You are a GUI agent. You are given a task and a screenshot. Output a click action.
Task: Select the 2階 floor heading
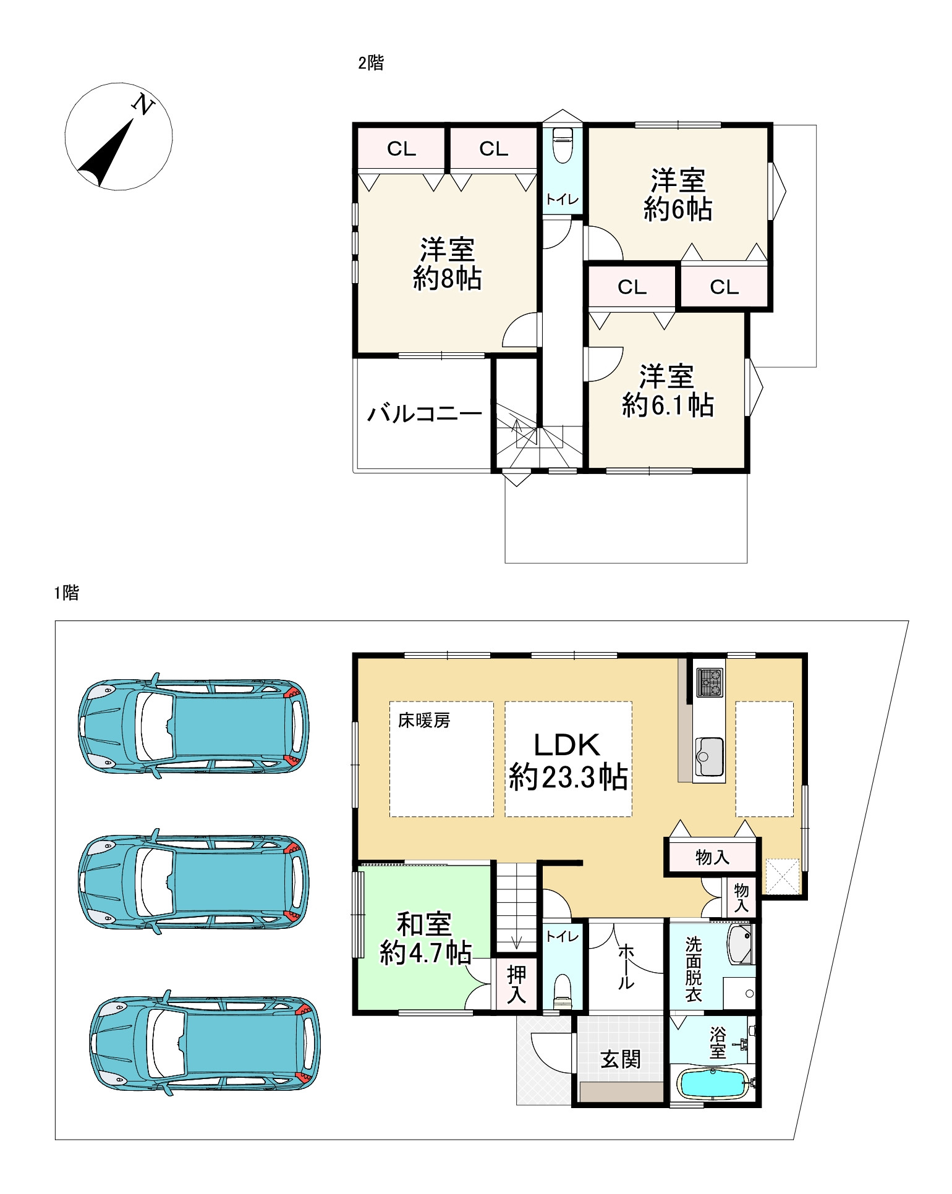pos(371,62)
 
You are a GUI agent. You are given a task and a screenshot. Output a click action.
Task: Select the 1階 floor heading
pos(67,593)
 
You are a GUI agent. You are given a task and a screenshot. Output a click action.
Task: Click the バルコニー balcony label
pos(425,413)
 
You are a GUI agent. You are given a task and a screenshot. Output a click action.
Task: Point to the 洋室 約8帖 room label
pos(447,264)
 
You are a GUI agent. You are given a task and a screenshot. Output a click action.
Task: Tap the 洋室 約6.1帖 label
pos(668,391)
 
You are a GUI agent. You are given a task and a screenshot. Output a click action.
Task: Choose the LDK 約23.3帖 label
pos(568,761)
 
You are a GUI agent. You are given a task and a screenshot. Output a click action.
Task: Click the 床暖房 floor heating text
pos(424,720)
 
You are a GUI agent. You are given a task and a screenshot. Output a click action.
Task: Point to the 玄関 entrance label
pos(621,1059)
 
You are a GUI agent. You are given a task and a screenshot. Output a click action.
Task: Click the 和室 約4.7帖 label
pos(425,939)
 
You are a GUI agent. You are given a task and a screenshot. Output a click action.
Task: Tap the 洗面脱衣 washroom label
pos(693,970)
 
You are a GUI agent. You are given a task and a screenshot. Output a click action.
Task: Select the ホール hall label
pos(626,966)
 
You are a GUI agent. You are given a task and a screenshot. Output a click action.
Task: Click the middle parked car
pos(193,881)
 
